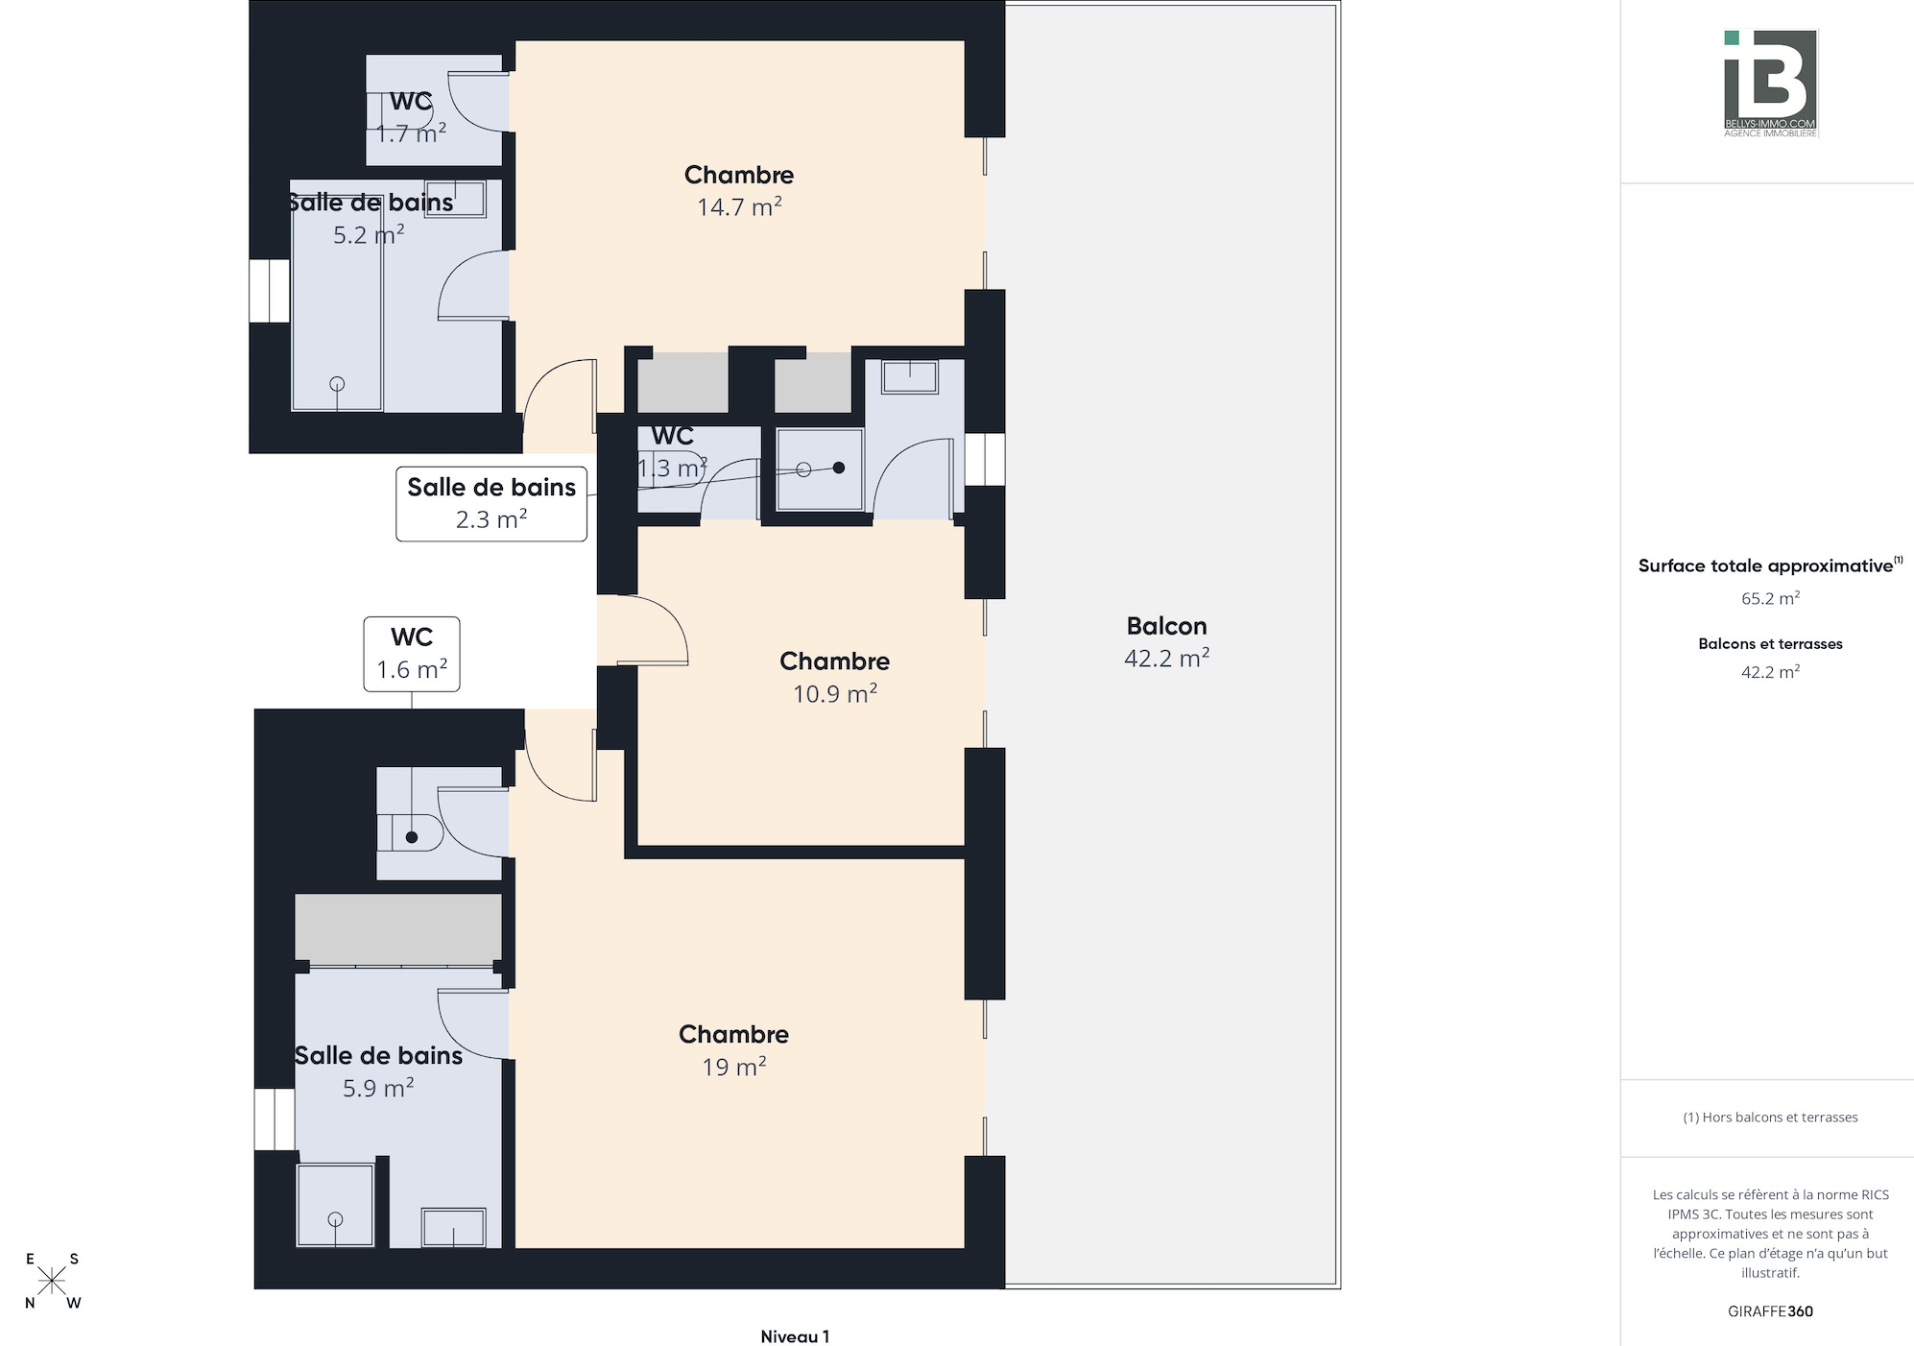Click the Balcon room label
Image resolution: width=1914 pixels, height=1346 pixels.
point(1166,626)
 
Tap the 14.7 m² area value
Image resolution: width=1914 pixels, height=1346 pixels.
point(739,206)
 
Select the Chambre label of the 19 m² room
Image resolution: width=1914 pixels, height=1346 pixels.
point(733,1034)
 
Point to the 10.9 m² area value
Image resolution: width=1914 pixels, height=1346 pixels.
point(834,693)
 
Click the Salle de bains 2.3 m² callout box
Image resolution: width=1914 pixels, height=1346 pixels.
point(491,503)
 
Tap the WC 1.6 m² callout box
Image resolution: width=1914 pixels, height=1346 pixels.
point(412,654)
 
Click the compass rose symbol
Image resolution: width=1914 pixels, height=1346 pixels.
point(52,1281)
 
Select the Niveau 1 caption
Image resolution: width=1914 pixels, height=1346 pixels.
point(795,1336)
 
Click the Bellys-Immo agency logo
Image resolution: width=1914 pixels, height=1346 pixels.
point(1770,84)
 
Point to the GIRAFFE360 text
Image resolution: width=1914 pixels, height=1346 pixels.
point(1770,1311)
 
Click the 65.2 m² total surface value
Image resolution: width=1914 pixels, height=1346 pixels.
point(1770,598)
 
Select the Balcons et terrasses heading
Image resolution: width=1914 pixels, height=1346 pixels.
point(1770,644)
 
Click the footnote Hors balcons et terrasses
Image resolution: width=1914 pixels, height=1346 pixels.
point(1770,1118)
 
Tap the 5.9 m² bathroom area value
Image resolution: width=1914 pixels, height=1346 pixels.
point(378,1088)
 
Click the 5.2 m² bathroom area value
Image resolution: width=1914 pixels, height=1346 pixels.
point(369,234)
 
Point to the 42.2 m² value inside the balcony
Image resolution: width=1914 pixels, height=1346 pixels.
point(1166,658)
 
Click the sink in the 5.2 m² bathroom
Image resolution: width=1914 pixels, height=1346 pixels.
point(455,199)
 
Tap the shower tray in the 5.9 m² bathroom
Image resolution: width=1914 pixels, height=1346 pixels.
point(335,1205)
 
